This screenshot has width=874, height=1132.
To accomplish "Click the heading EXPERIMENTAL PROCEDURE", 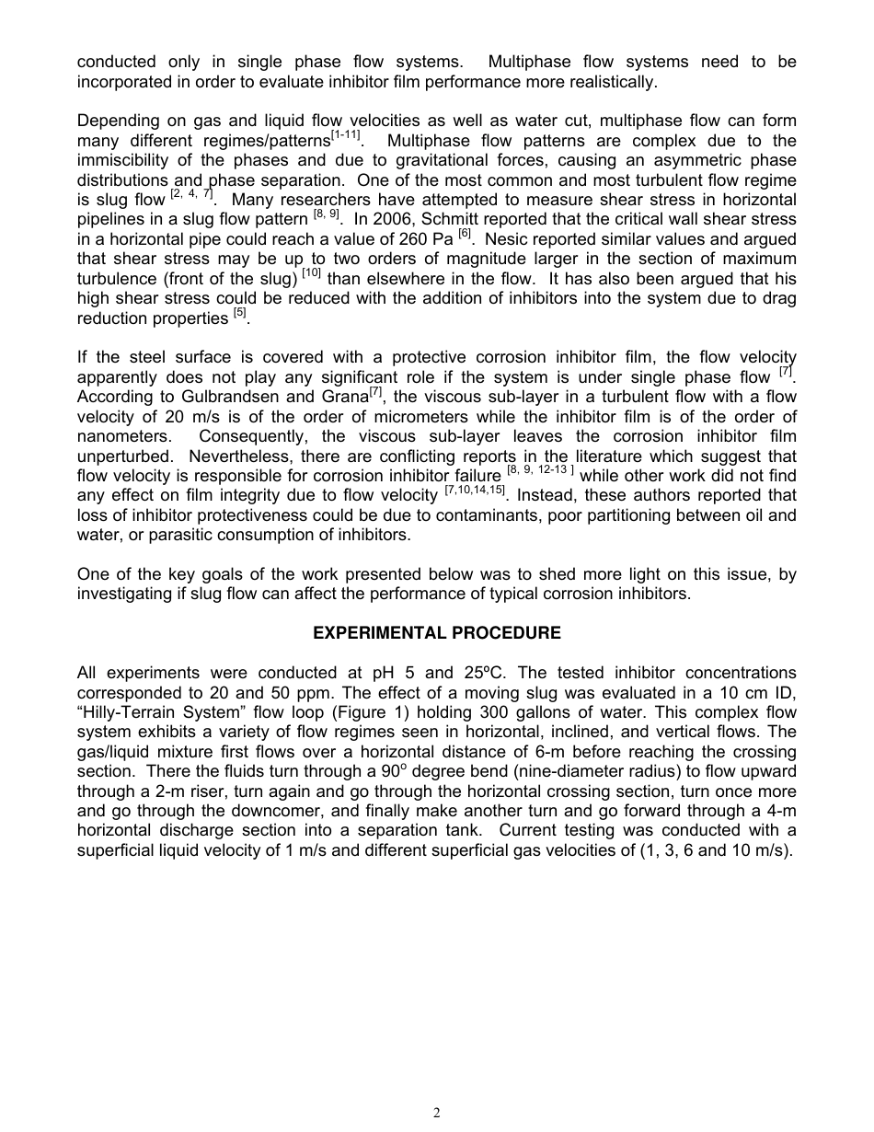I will pos(437,633).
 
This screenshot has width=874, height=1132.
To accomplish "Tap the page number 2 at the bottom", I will pos(437,1113).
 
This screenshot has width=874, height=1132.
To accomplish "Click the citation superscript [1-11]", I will pos(346,136).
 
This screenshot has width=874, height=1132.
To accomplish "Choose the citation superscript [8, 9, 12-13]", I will pos(541,470).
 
